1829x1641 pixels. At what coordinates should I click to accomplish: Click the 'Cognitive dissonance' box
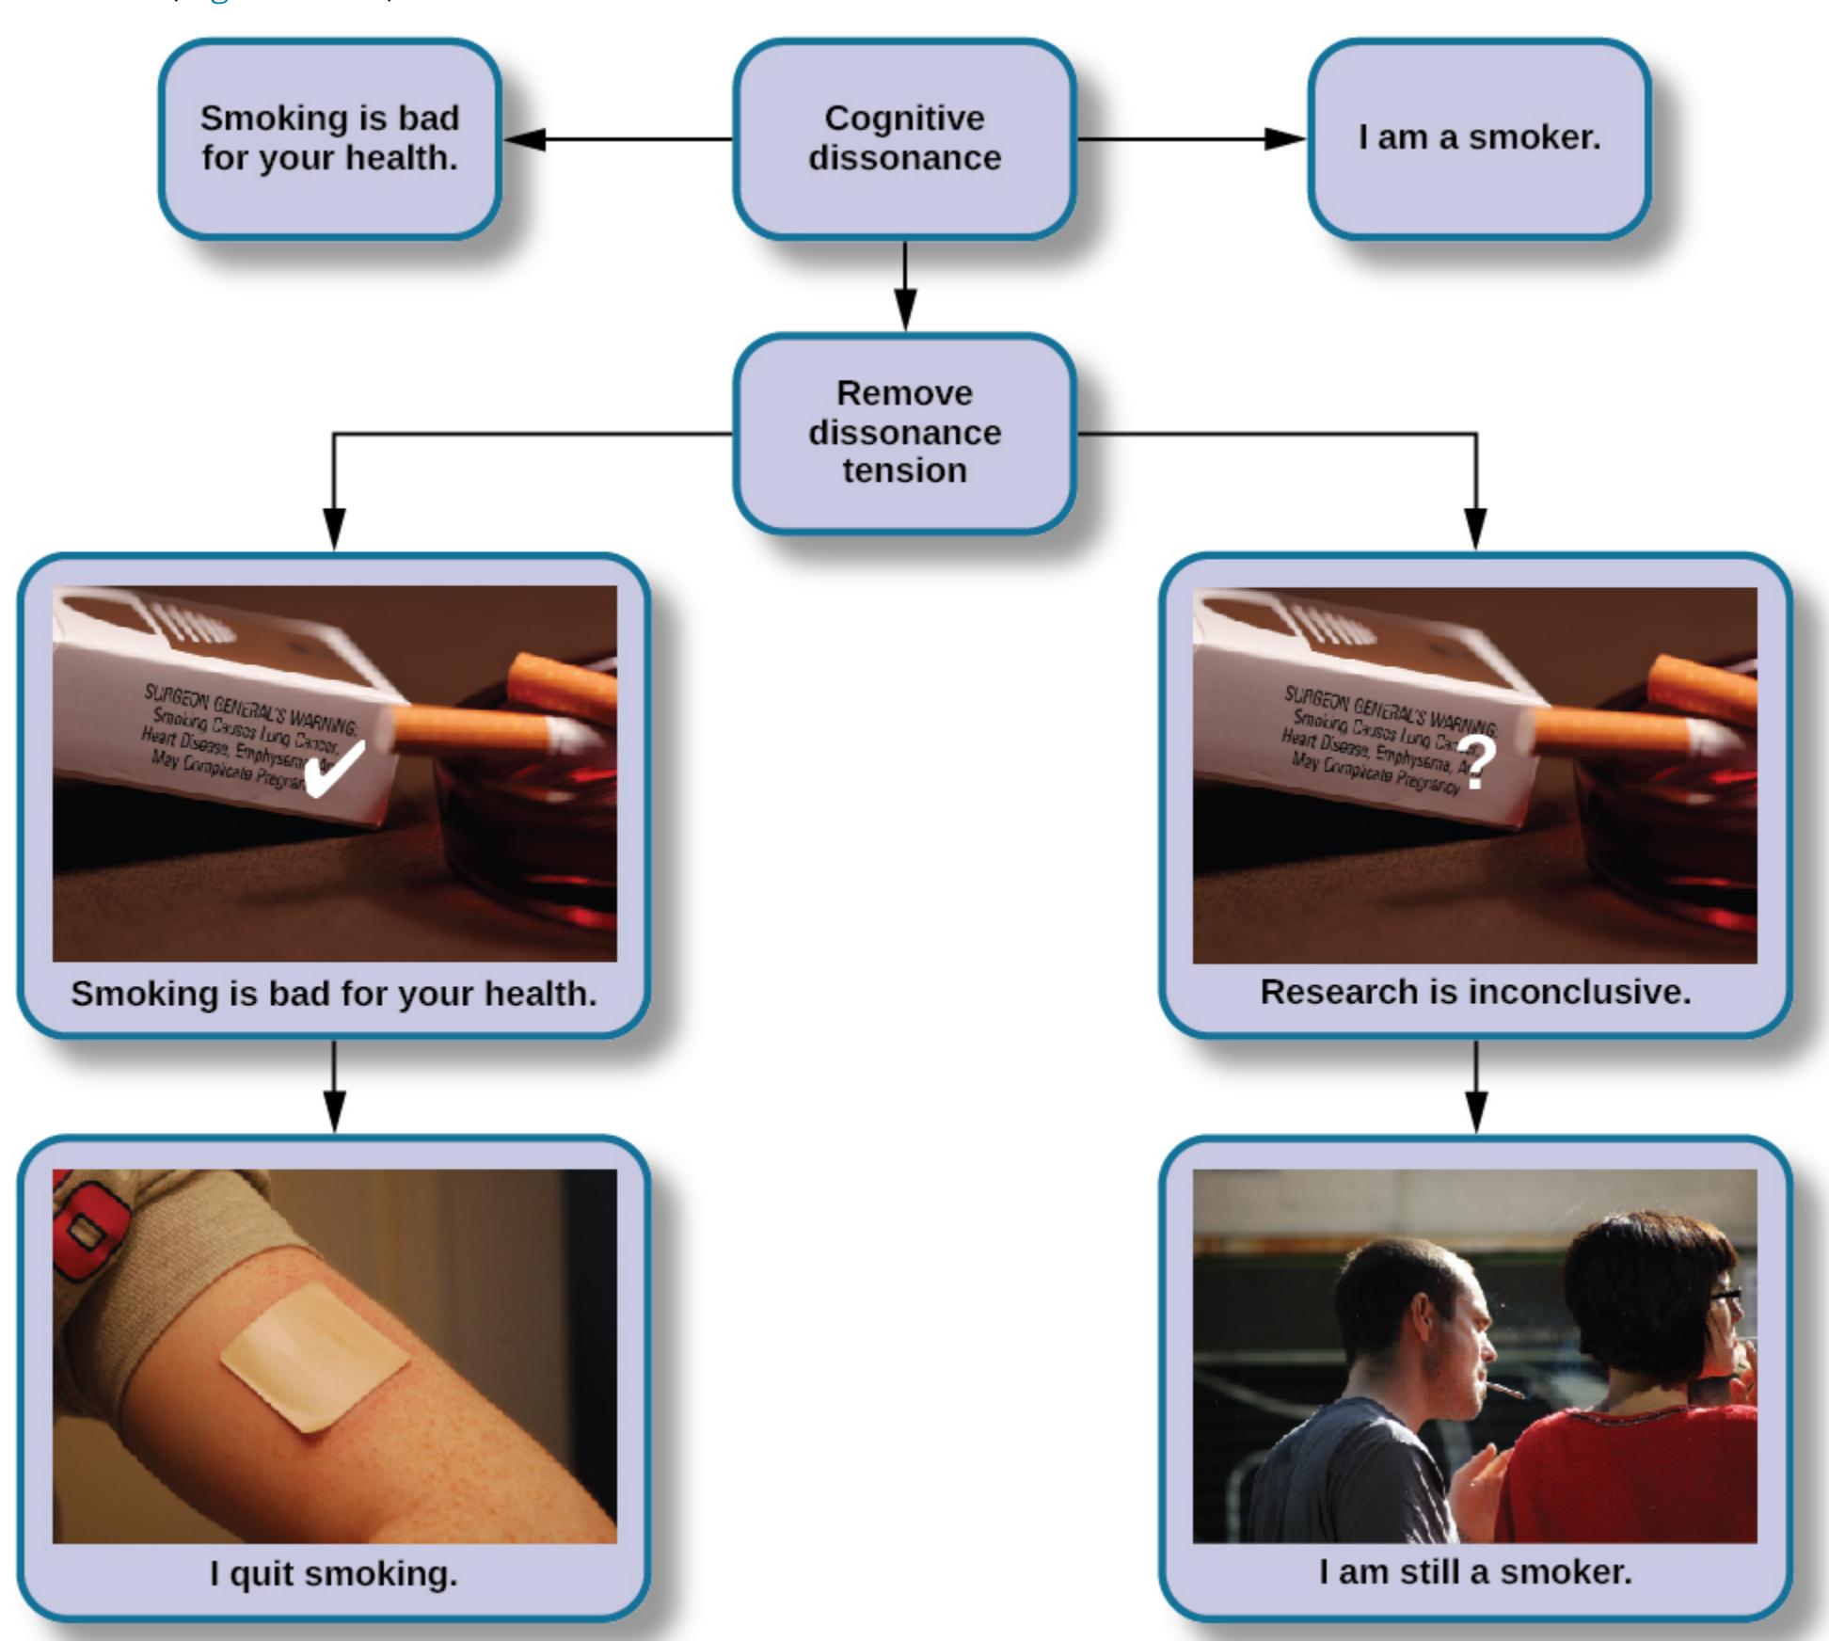904,138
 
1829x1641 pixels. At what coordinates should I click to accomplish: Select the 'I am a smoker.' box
1478,138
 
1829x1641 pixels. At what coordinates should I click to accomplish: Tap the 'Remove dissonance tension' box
904,432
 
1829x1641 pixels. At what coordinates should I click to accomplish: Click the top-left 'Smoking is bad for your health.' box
329,138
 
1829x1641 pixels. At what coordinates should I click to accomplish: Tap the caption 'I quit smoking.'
333,1573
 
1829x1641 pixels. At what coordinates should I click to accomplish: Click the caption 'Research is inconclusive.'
1475,992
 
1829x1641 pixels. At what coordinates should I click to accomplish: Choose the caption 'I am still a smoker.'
1475,1571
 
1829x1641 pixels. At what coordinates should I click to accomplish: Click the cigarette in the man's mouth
1505,1390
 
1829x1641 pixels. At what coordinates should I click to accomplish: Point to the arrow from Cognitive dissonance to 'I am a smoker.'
1190,139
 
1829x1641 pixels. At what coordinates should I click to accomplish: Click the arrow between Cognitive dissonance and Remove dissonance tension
905,286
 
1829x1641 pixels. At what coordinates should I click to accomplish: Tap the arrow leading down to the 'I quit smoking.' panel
334,1087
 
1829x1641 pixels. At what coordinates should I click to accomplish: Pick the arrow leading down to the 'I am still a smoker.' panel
1476,1087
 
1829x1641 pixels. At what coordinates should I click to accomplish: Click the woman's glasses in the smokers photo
1724,1298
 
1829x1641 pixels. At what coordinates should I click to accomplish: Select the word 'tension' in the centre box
904,470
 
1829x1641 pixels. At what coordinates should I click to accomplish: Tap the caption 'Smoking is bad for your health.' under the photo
333,994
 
